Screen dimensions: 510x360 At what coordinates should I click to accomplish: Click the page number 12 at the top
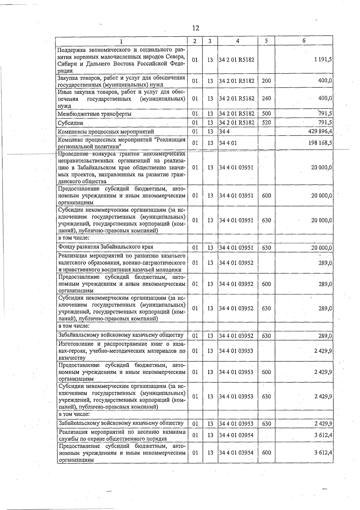(195, 28)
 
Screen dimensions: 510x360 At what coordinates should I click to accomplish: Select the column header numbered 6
(304, 41)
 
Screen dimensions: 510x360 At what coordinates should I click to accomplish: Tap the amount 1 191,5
(323, 60)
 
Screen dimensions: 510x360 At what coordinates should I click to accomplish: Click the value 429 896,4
(320, 131)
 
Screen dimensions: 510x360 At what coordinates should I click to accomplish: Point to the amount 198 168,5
(320, 143)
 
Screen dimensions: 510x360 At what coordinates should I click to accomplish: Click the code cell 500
(266, 113)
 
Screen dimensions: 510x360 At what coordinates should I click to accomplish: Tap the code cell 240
(266, 98)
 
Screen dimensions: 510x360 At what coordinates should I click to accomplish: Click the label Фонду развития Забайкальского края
(106, 247)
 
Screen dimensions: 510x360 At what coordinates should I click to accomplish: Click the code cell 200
(266, 81)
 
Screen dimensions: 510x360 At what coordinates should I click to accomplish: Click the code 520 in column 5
(266, 122)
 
